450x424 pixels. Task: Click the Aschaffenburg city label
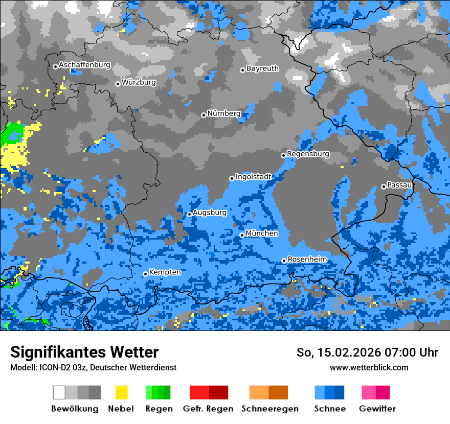[84, 65]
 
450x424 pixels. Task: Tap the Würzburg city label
[139, 82]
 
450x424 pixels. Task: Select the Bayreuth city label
[262, 68]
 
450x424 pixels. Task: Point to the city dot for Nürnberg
[204, 115]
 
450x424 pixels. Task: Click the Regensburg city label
[308, 154]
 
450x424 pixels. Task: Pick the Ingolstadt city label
[253, 177]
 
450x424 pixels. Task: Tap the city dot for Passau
[384, 186]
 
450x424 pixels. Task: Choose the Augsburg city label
[209, 213]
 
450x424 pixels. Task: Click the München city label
[262, 233]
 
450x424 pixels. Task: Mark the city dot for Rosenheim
[284, 261]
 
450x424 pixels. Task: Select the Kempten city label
[165, 272]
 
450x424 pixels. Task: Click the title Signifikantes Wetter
[84, 352]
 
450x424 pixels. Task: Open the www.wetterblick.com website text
[369, 367]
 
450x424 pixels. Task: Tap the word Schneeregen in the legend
[270, 409]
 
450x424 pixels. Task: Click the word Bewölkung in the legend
[75, 409]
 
